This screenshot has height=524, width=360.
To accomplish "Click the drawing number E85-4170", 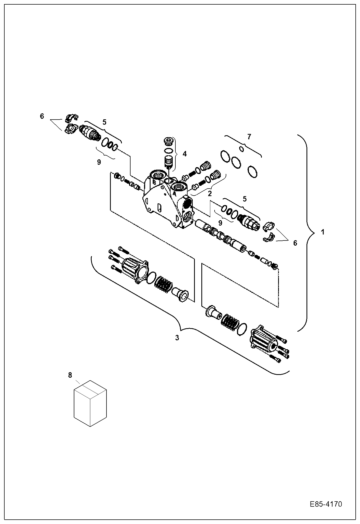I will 326,504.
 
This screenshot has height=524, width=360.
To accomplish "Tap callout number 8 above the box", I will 70,375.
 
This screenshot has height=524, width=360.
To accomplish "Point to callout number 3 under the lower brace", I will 177,338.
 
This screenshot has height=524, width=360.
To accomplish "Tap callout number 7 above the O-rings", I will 249,137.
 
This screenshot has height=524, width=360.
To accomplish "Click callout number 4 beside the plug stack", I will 184,154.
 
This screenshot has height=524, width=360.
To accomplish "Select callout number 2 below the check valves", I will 210,193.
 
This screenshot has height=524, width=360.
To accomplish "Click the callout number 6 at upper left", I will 42,116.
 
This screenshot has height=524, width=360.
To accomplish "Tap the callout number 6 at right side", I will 295,243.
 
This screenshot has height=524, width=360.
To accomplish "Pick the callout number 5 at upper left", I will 104,122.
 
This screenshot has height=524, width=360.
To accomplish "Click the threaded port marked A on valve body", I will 178,187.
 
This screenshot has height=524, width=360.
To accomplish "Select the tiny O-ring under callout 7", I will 242,149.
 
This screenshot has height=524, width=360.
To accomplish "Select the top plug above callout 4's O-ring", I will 168,141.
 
